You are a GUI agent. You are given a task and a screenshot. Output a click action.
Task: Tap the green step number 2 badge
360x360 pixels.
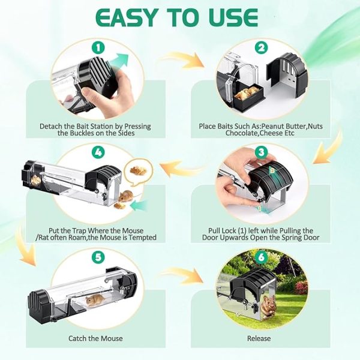[260, 46]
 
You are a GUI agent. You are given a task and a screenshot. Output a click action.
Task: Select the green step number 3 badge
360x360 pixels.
[260, 152]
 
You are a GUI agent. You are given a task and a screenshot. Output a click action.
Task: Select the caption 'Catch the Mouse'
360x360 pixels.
[95, 338]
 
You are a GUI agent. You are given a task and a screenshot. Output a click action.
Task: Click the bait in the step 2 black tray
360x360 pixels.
[246, 92]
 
